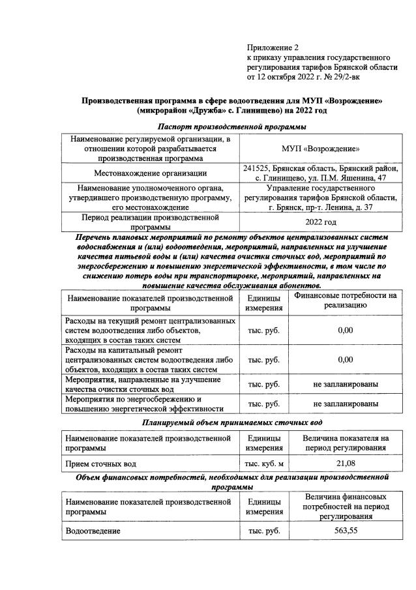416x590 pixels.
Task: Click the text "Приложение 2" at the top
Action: coord(272,48)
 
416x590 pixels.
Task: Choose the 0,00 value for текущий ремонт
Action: coord(346,331)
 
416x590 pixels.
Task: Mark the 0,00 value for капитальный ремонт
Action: coord(346,359)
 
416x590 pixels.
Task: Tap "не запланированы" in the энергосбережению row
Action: coord(346,404)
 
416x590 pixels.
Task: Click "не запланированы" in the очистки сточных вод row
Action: coord(346,384)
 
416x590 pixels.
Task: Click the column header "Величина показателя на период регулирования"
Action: coord(346,443)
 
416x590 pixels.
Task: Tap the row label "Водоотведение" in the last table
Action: coord(93,531)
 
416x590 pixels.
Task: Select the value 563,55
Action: coord(346,531)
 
